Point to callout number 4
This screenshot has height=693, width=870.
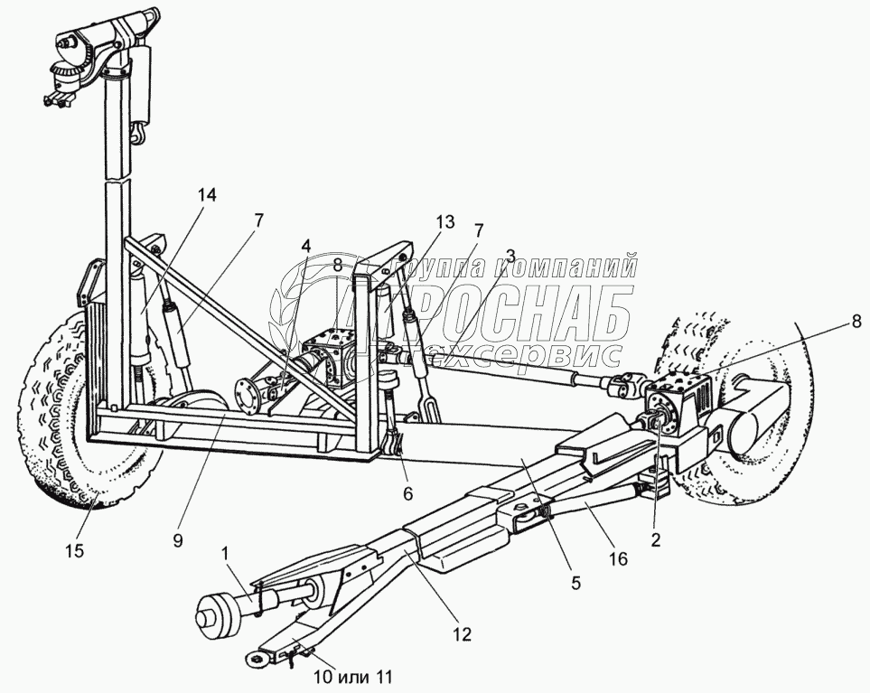pos(306,245)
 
